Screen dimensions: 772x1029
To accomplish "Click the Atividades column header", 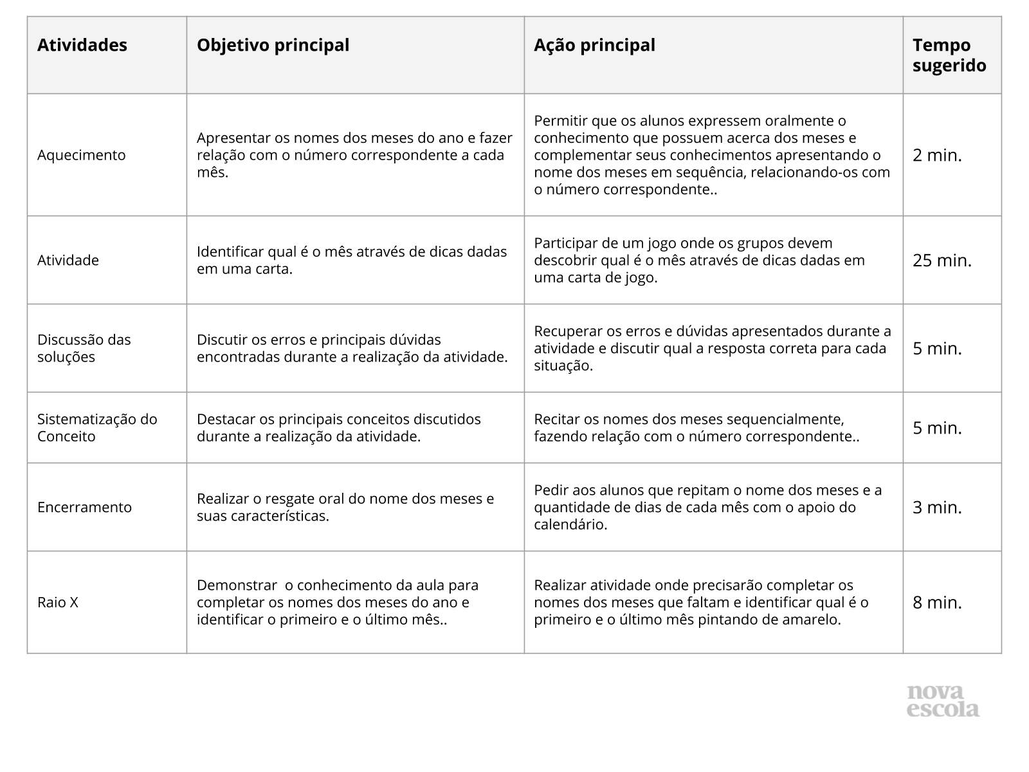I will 82,45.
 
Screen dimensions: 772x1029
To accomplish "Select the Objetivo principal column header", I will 273,45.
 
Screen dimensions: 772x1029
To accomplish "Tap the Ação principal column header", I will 594,45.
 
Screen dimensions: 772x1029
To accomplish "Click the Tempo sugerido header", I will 949,55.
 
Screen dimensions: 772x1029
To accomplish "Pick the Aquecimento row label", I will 82,155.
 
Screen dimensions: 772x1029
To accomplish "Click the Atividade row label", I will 68,261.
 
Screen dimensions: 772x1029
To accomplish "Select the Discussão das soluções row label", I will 84,348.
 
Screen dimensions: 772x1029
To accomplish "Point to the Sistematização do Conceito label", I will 97,428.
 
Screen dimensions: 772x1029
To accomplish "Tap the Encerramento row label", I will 84,507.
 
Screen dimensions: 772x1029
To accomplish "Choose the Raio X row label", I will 58,602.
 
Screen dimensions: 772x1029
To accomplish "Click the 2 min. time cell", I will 937,155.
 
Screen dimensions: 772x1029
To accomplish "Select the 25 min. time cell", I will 942,261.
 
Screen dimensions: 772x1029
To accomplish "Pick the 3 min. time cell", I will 937,507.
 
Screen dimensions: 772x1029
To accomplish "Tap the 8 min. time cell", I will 937,602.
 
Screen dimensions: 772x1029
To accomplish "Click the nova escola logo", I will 943,701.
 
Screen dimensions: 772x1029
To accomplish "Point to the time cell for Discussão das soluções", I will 937,348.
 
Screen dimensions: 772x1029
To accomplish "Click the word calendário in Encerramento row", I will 570,524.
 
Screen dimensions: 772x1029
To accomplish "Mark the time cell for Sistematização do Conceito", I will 937,428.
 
